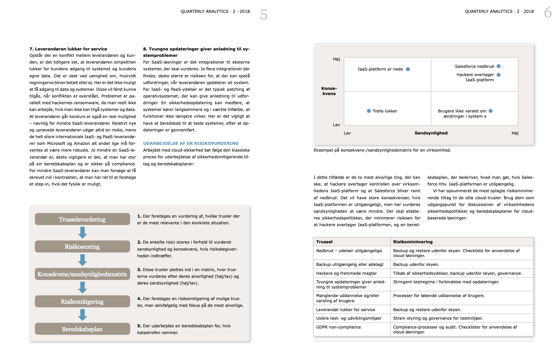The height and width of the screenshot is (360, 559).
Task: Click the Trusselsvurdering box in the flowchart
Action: [82, 219]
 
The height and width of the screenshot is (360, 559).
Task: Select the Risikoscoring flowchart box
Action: [82, 247]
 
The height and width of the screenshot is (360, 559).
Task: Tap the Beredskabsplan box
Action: [82, 329]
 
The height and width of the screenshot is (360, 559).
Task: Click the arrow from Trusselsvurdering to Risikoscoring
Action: [82, 233]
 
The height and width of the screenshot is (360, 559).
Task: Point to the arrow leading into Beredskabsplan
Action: [82, 315]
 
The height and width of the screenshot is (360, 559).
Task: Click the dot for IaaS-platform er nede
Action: [408, 69]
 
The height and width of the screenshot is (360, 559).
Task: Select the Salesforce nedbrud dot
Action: [499, 66]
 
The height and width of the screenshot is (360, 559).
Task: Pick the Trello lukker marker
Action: [369, 111]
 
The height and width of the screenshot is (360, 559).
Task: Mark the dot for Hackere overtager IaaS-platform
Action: [499, 75]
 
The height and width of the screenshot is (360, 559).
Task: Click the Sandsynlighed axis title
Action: [431, 133]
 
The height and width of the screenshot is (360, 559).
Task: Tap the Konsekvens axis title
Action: [329, 91]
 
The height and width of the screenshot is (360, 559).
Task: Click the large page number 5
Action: [264, 15]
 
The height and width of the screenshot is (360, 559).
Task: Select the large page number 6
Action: [548, 13]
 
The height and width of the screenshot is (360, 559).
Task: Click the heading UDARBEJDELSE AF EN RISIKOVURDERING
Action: [191, 143]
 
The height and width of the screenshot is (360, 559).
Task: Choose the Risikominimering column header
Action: [413, 242]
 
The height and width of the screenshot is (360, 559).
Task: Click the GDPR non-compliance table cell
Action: [338, 327]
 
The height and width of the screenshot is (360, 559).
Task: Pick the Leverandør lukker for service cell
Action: [345, 310]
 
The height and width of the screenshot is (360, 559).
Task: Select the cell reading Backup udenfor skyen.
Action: [416, 264]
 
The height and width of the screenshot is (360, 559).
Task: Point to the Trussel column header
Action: [324, 242]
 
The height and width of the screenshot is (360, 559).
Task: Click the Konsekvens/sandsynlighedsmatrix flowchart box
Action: [82, 274]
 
